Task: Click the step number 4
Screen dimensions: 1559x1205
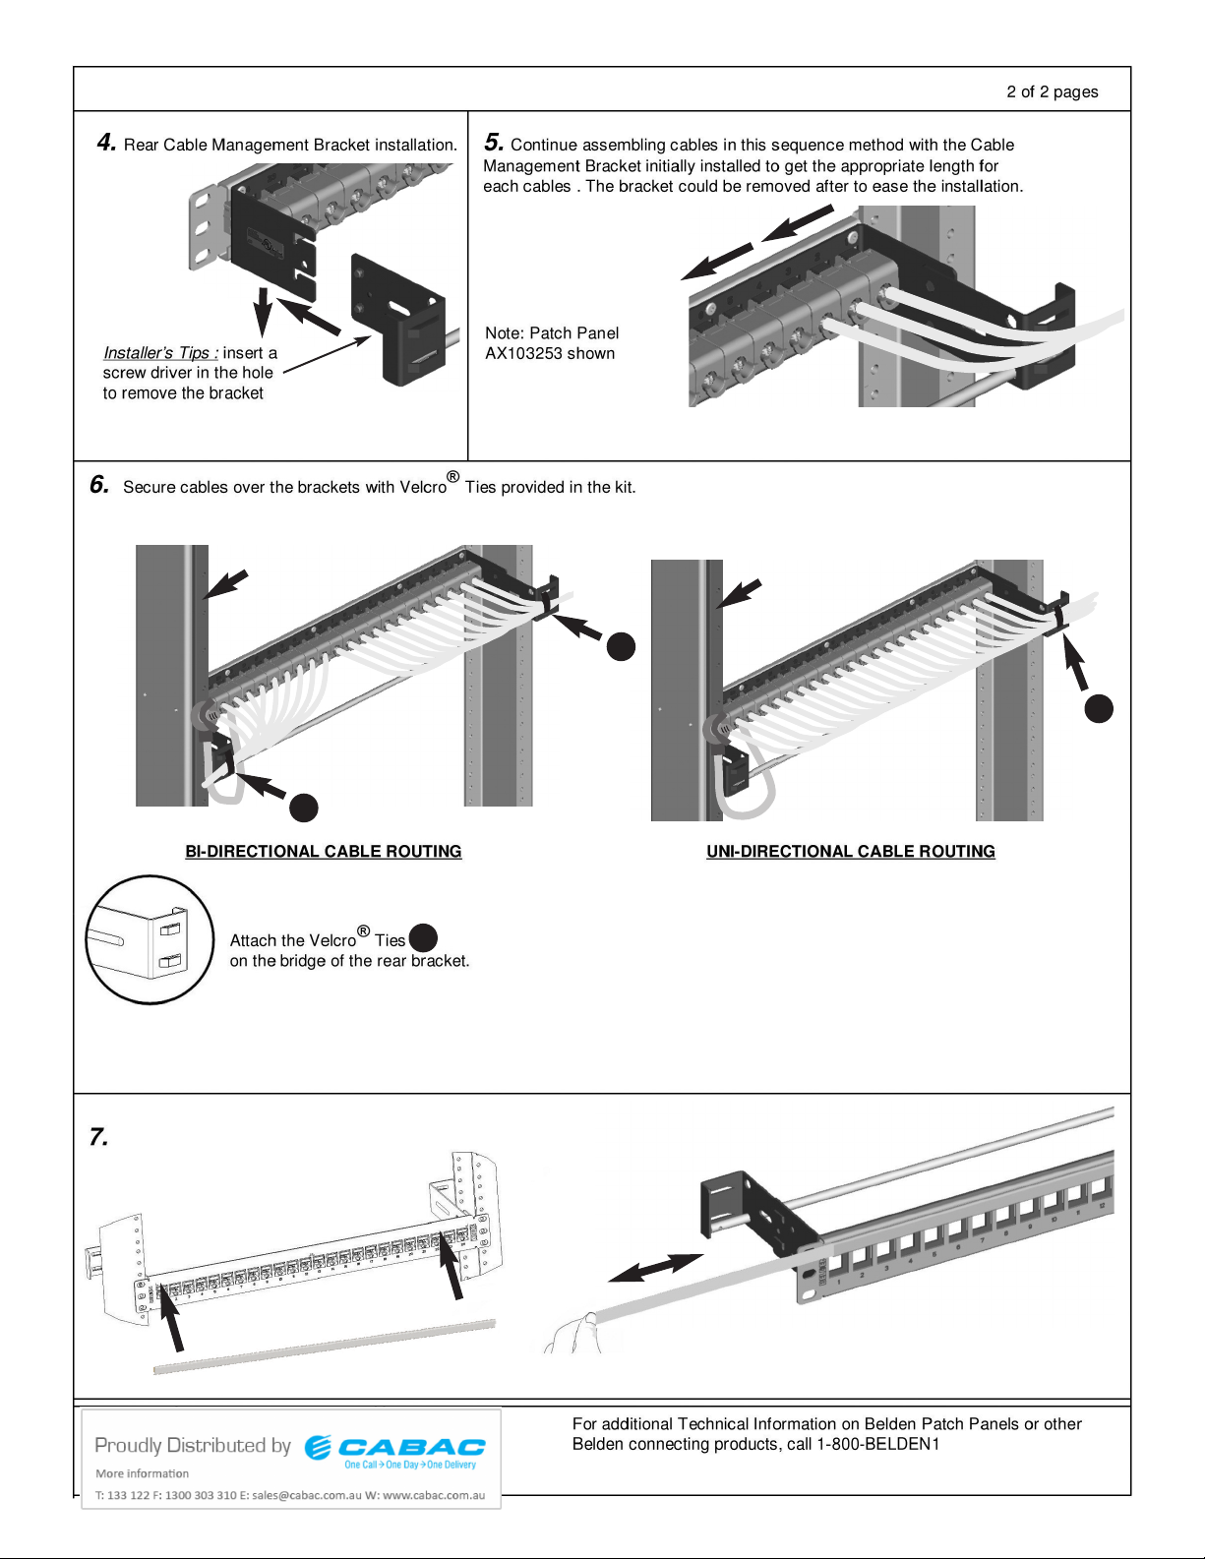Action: pos(106,143)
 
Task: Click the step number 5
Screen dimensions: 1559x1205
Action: pos(494,143)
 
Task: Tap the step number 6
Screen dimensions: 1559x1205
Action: pos(99,484)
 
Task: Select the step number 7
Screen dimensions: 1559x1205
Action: pos(98,1137)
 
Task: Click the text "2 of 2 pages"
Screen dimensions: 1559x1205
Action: pos(1052,91)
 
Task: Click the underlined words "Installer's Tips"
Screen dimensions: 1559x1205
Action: pos(159,353)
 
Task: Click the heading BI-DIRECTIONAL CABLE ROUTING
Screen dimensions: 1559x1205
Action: pos(324,852)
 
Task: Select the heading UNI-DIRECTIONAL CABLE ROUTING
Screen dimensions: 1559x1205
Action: pos(851,852)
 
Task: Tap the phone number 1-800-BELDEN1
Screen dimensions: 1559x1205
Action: pos(878,1444)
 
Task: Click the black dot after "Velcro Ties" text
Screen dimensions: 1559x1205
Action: pos(423,938)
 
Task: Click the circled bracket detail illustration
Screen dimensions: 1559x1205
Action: pos(150,940)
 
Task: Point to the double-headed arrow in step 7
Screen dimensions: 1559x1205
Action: pos(655,1268)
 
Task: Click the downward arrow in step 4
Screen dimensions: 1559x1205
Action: pos(263,310)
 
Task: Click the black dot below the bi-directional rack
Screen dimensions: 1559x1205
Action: pos(304,808)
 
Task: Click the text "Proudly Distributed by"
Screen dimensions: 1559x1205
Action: pos(193,1445)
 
